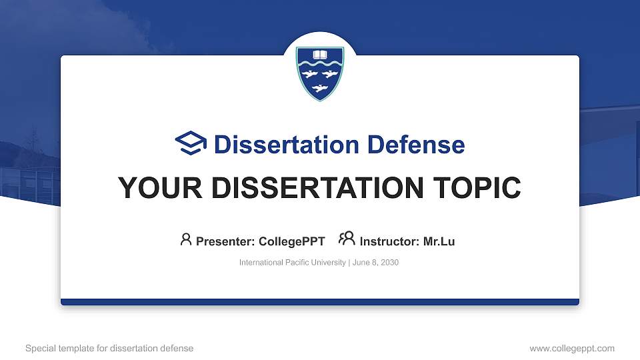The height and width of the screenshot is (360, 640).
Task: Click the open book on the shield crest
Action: [x=320, y=54]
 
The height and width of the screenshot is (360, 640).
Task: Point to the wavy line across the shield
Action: [x=320, y=65]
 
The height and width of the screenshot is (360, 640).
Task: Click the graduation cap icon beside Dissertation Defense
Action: [x=191, y=144]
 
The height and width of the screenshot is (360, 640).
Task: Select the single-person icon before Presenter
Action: [x=186, y=239]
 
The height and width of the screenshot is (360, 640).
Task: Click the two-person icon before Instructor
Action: [x=347, y=239]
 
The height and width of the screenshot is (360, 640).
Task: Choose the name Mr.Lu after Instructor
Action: [x=439, y=241]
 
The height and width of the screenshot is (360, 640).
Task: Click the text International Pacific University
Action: [x=292, y=263]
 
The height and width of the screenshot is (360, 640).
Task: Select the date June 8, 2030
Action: [x=375, y=263]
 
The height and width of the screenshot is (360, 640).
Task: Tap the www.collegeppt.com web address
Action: [x=571, y=348]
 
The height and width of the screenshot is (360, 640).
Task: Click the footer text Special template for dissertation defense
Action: [x=109, y=348]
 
